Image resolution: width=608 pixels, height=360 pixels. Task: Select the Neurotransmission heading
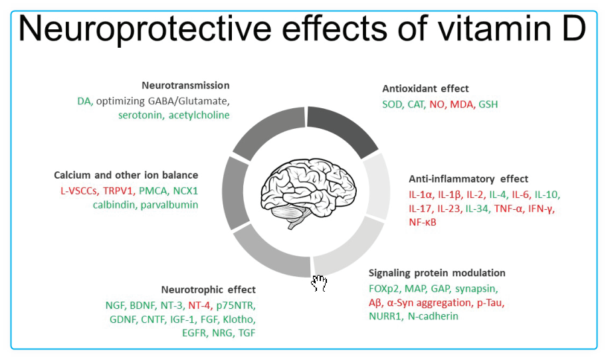(185, 85)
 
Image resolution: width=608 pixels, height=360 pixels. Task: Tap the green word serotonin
(140, 115)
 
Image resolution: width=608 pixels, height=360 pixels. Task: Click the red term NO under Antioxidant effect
(436, 104)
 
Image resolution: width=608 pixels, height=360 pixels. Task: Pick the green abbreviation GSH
(488, 104)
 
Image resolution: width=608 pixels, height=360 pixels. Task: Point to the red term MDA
(461, 104)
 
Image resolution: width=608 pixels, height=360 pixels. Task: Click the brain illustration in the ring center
(308, 193)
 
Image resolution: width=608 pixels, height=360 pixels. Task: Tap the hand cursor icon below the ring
(319, 283)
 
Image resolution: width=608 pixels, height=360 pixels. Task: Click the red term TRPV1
(118, 191)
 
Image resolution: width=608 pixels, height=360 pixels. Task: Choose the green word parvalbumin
(169, 205)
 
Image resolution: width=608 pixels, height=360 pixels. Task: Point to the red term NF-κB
(423, 222)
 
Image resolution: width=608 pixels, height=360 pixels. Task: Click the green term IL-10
(547, 194)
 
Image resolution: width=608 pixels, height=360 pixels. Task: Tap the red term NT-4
(199, 306)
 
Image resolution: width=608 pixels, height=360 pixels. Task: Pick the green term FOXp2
(384, 289)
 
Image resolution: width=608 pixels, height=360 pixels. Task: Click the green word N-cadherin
(433, 316)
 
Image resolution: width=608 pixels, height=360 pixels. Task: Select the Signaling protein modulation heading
(437, 273)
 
